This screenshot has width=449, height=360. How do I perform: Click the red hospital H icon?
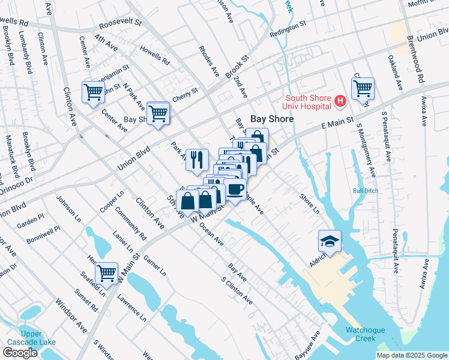[340, 101]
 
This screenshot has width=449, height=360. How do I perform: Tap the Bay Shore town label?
[272, 119]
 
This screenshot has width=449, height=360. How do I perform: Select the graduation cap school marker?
[329, 241]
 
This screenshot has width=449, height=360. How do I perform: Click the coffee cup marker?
[235, 190]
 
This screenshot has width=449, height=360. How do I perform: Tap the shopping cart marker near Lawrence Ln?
[107, 273]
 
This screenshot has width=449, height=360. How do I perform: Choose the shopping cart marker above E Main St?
[363, 89]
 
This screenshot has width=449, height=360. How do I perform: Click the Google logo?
[20, 353]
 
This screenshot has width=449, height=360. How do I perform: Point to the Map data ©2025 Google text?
[412, 355]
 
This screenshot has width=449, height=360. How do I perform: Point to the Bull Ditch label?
[365, 191]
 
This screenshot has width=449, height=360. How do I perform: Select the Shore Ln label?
[309, 203]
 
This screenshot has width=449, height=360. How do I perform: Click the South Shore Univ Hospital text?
[309, 101]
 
